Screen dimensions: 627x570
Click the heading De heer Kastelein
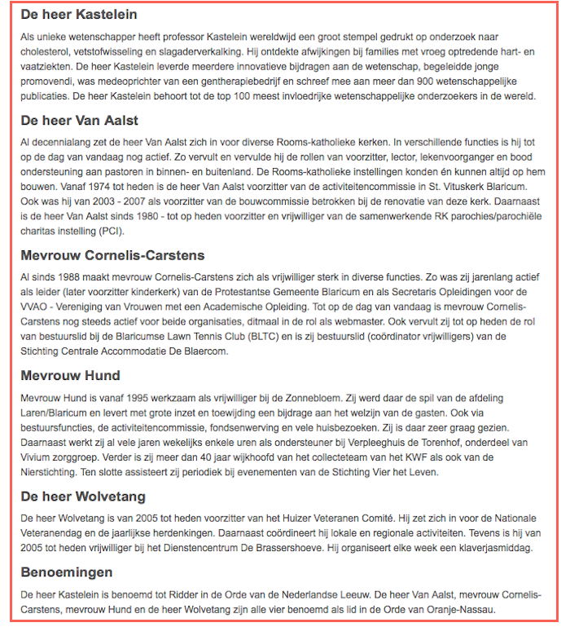click(x=79, y=15)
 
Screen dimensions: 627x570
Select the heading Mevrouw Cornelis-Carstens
click(x=112, y=255)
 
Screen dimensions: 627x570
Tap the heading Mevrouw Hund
click(x=70, y=376)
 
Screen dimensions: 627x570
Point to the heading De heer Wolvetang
click(x=83, y=496)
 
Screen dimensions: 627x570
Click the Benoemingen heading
click(x=67, y=572)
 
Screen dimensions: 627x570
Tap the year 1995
click(x=141, y=396)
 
